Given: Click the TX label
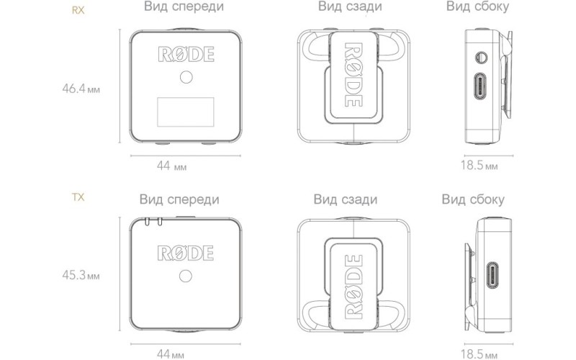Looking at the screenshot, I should click(x=78, y=196).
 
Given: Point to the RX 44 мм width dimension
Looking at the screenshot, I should click(x=171, y=166).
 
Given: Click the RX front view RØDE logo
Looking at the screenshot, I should click(x=186, y=55).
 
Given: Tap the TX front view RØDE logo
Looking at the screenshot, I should click(x=186, y=253).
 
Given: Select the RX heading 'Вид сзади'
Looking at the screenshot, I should click(x=349, y=8).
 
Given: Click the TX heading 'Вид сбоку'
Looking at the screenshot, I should click(x=473, y=199).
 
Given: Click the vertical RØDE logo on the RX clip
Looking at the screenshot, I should click(x=354, y=76).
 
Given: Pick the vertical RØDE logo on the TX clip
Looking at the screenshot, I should click(x=354, y=286).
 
